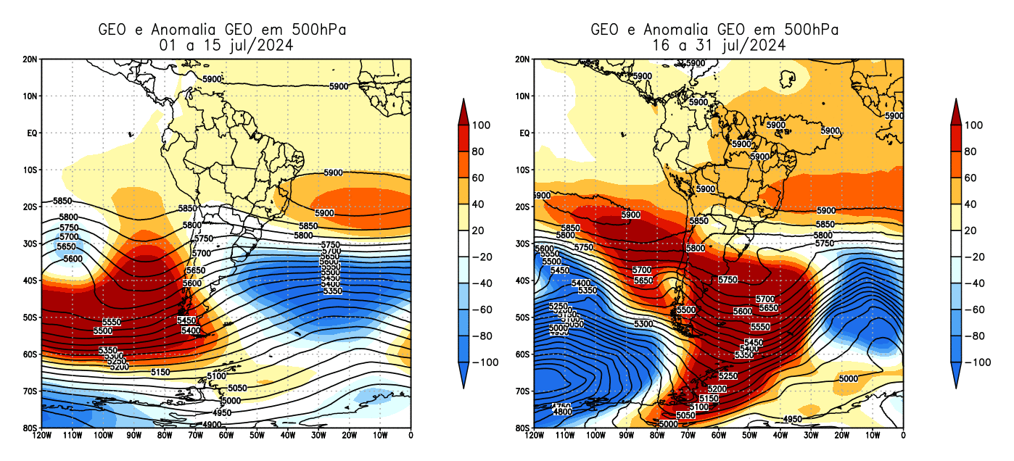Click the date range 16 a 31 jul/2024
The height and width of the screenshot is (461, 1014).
(718, 45)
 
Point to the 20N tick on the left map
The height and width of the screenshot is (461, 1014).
(31, 59)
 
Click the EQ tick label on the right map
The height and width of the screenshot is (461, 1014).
(524, 133)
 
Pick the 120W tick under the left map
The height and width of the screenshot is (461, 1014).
(41, 435)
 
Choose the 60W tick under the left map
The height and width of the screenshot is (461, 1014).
(226, 435)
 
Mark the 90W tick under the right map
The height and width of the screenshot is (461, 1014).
(626, 435)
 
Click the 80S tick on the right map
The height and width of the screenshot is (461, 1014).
(524, 428)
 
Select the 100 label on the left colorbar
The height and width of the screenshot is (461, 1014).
(481, 125)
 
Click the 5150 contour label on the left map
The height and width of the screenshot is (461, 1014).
(160, 372)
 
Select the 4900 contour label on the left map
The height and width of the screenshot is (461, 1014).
(212, 425)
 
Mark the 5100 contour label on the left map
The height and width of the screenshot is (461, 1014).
(216, 376)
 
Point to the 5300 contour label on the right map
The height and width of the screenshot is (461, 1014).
(643, 324)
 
